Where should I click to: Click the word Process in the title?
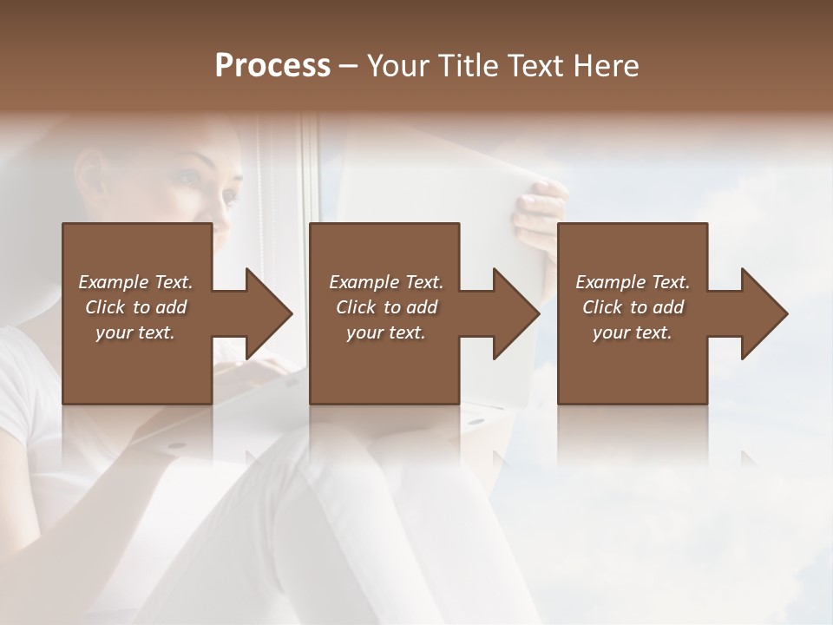click(x=272, y=66)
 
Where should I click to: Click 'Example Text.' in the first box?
click(x=135, y=282)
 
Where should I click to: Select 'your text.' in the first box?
click(x=135, y=332)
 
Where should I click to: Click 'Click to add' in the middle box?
click(x=386, y=307)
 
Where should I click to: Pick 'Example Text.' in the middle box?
click(x=386, y=282)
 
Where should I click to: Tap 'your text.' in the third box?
click(x=633, y=332)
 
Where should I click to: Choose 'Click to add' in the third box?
click(x=633, y=307)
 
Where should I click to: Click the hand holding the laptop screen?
click(x=540, y=213)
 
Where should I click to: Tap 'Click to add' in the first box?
click(x=135, y=307)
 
